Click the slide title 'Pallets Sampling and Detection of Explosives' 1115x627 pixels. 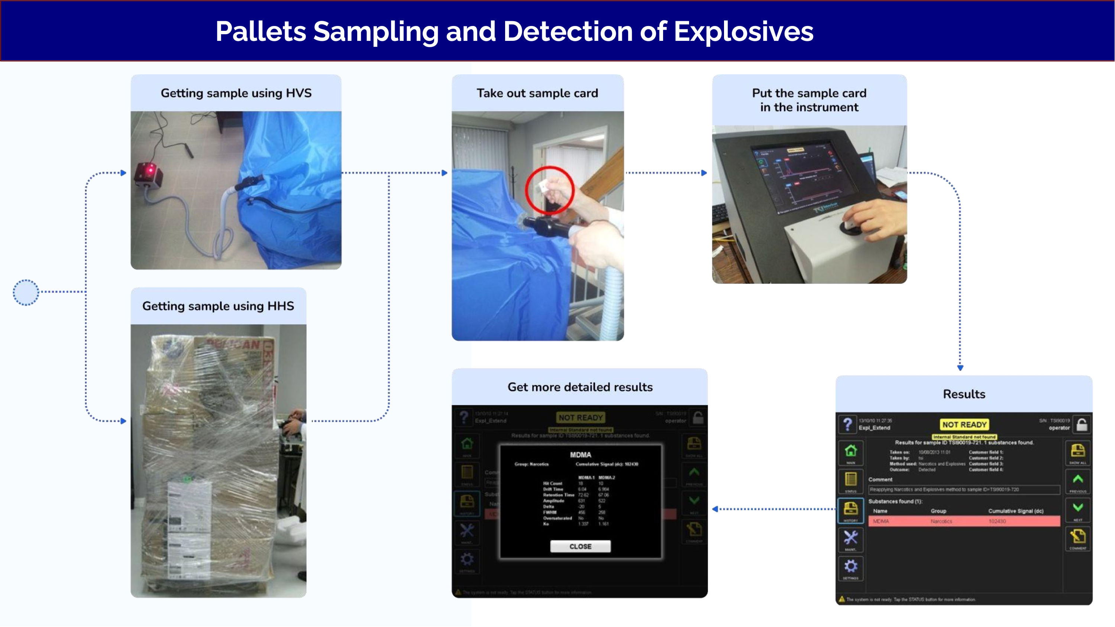pos(514,31)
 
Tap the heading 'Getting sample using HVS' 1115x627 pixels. pos(236,93)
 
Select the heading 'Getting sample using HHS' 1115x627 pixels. pos(218,306)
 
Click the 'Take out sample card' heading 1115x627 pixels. pos(537,93)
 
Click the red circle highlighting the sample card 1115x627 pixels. pos(549,191)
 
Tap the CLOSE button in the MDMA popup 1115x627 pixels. pos(580,546)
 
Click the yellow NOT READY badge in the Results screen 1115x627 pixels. pos(964,425)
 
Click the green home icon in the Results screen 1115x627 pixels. pos(850,451)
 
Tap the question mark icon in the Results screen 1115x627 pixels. pos(847,424)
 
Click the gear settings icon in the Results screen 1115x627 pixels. pos(850,566)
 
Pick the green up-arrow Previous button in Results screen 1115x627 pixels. pos(1078,480)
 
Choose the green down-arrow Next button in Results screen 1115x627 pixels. pos(1078,508)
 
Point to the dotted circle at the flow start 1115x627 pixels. pos(26,292)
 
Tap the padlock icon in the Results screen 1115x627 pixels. pos(1082,425)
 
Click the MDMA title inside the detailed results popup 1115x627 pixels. pos(581,455)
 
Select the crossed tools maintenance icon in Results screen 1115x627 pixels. pos(850,538)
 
